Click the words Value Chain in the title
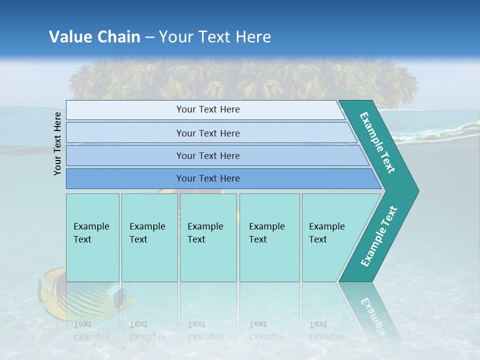[x=94, y=37]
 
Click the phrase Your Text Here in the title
[x=215, y=37]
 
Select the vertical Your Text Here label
[x=57, y=143]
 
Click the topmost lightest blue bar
[x=207, y=109]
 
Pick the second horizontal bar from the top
[x=207, y=133]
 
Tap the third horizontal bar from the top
[x=207, y=155]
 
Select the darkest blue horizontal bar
[x=207, y=178]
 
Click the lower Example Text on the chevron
[x=378, y=236]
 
